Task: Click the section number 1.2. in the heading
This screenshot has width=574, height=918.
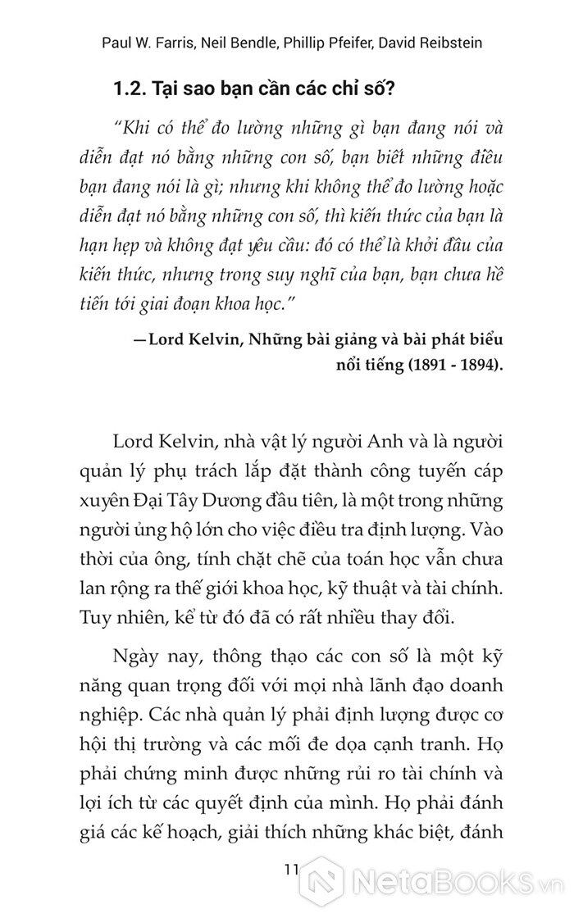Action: tap(130, 90)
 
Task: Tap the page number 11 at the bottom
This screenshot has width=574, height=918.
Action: tap(288, 870)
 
